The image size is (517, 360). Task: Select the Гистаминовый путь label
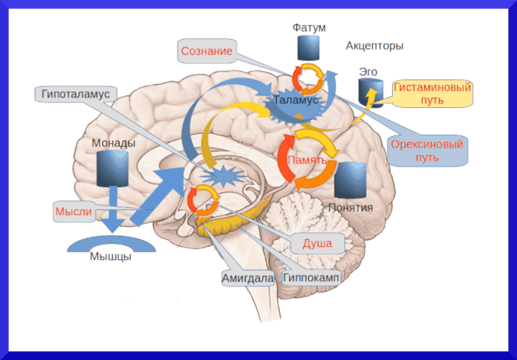432,93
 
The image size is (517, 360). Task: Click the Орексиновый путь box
427,150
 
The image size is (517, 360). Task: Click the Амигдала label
247,279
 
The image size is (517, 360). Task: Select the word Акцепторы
374,46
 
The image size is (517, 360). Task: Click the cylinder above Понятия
350,179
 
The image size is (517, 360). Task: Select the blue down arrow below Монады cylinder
113,209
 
